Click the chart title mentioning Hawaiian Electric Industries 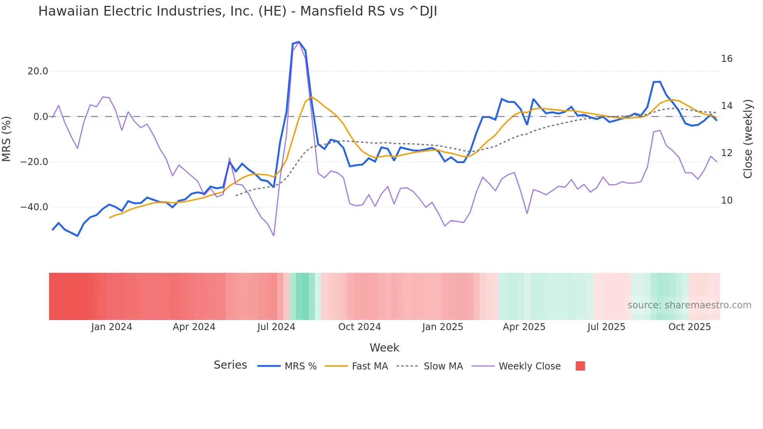coord(237,11)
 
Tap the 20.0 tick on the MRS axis coord(38,71)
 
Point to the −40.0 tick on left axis coord(34,207)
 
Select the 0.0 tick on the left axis coord(40,117)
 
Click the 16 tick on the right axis coord(726,59)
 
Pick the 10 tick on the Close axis coord(726,200)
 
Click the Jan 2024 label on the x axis coord(112,327)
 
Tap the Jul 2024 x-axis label coord(276,327)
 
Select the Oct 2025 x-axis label coord(689,327)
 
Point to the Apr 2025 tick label coord(524,327)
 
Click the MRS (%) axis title coord(7,139)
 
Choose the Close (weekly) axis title coord(748,139)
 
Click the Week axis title coord(384,348)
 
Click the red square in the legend coord(580,366)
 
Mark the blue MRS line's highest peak coord(299,42)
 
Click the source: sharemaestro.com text coord(689,305)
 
